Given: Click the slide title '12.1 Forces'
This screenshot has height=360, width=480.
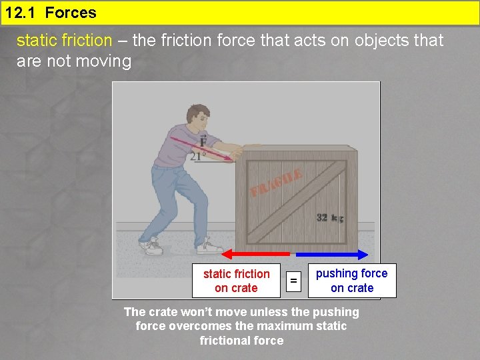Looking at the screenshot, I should point(51,13).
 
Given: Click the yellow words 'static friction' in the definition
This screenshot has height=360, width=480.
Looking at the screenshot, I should point(64,41).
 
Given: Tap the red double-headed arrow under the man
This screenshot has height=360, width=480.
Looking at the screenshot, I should point(256,254).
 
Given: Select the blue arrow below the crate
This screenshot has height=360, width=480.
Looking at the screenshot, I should point(332,254).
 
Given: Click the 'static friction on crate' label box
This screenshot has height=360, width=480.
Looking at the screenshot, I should point(236,281).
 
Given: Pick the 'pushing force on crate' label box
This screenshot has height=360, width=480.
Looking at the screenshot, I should point(351,281).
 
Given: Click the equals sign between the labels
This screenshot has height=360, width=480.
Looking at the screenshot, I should point(293,281).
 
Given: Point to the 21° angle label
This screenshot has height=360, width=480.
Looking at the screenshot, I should point(197,157).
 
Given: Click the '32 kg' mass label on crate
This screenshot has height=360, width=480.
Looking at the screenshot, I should point(330,218).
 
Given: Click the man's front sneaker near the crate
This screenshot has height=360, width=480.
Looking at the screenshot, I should point(209,247).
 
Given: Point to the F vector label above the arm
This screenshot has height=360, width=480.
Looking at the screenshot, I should point(202,141).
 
